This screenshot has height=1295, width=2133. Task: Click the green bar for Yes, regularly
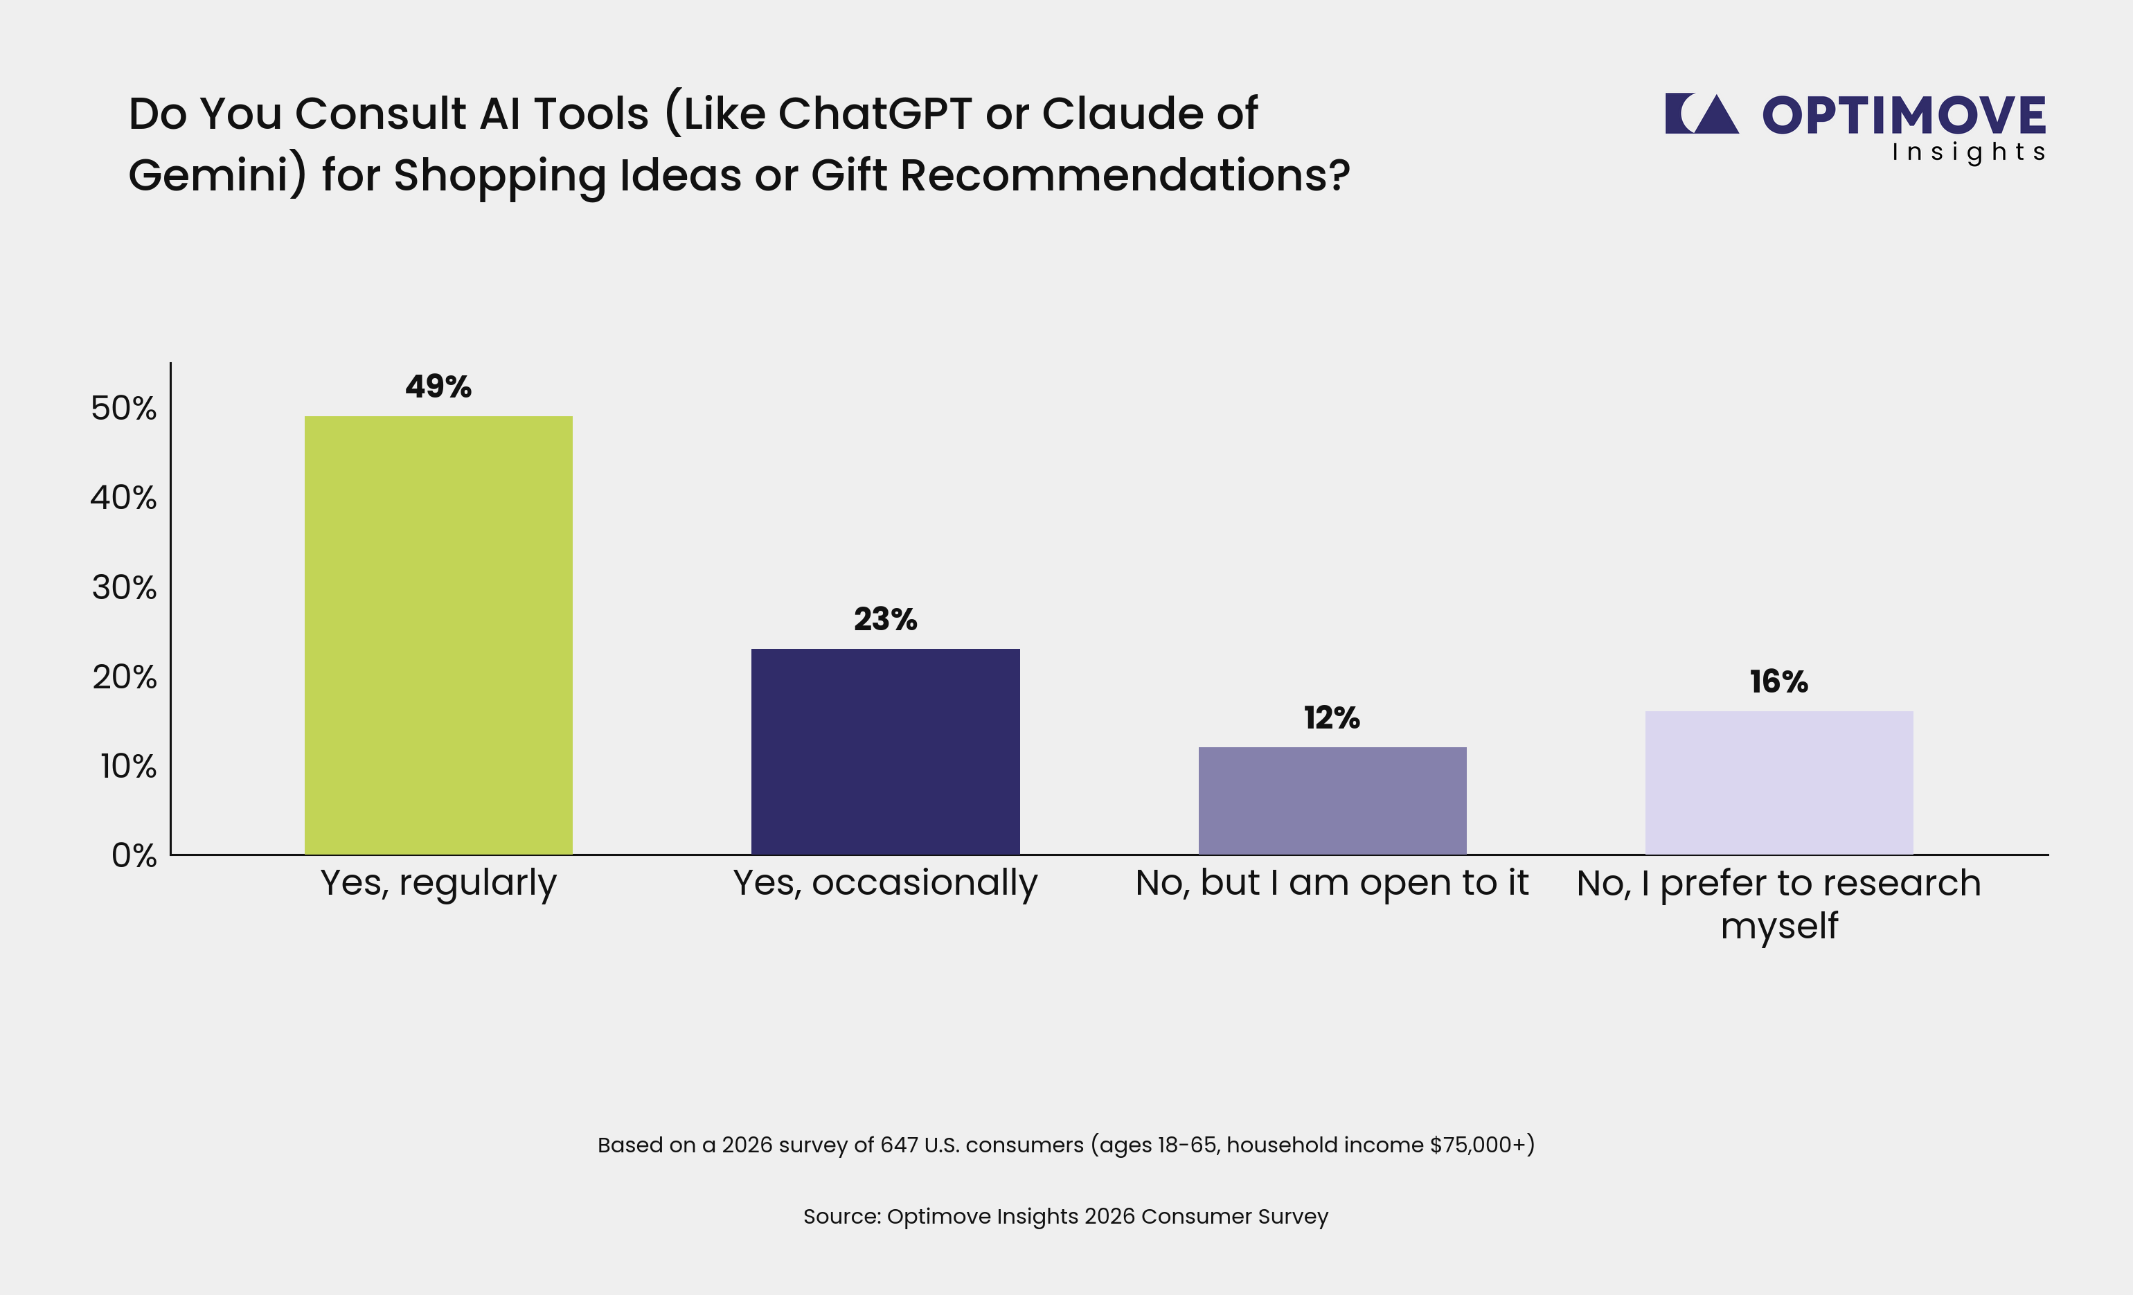tap(438, 636)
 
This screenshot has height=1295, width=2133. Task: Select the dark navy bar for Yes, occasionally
tap(885, 751)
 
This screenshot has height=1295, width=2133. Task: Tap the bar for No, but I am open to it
tap(1332, 801)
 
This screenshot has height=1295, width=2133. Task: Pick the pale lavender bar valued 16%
tap(1779, 783)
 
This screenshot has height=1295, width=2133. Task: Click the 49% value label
tap(438, 386)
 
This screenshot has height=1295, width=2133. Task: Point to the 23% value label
tap(885, 619)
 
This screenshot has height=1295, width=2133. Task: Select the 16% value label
tap(1779, 681)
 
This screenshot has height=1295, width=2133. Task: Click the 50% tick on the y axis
tap(124, 408)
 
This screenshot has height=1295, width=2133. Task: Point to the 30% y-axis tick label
tap(125, 588)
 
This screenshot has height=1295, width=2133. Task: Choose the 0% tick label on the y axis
tap(134, 855)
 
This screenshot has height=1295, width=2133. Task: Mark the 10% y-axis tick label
tap(128, 766)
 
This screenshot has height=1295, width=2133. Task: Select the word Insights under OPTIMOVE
tap(1967, 152)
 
